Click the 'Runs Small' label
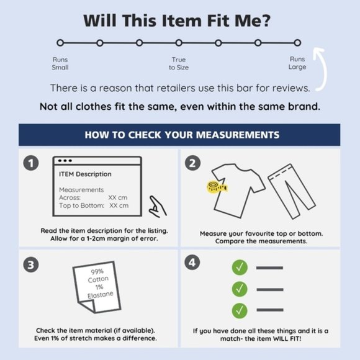[x=60, y=63]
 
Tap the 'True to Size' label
[x=179, y=63]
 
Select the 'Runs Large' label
[x=297, y=63]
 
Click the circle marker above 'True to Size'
[x=179, y=43]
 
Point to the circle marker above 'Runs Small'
[x=60, y=43]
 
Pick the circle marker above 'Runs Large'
[x=297, y=43]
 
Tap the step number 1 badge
[x=31, y=163]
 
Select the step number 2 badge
[x=192, y=163]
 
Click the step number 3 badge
[x=31, y=264]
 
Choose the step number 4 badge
[x=192, y=263]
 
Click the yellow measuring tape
[x=217, y=187]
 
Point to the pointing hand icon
[x=157, y=207]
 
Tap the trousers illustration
[x=292, y=191]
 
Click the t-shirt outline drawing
[x=238, y=191]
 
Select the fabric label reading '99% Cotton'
[x=97, y=287]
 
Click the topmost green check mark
[x=240, y=268]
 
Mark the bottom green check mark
[x=240, y=310]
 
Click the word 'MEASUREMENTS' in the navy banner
[x=238, y=135]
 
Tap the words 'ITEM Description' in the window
[x=85, y=174]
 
